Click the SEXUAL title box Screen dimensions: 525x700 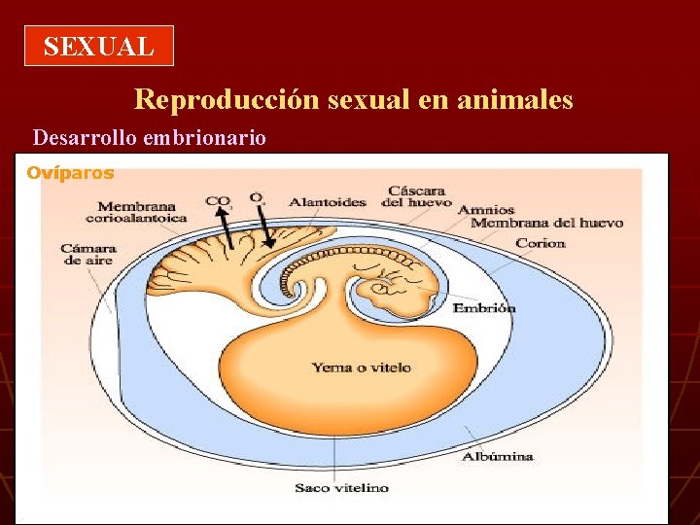[x=98, y=46]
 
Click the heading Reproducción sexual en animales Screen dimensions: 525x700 [x=353, y=99]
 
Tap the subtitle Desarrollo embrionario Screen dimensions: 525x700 [x=150, y=138]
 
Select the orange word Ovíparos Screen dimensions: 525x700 [x=70, y=173]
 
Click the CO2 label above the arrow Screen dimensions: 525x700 [x=218, y=201]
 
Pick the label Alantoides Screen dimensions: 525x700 [x=328, y=202]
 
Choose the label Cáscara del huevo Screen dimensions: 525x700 [x=416, y=195]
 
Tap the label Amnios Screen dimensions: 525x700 [x=485, y=209]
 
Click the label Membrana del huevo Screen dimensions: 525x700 [x=546, y=223]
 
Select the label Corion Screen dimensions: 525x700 [x=540, y=243]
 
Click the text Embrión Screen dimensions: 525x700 [x=484, y=308]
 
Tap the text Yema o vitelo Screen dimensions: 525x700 [x=361, y=367]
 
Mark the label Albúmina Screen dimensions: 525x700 [x=497, y=455]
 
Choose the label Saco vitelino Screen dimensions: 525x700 [x=341, y=487]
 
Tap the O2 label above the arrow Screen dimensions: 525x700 [x=257, y=198]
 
